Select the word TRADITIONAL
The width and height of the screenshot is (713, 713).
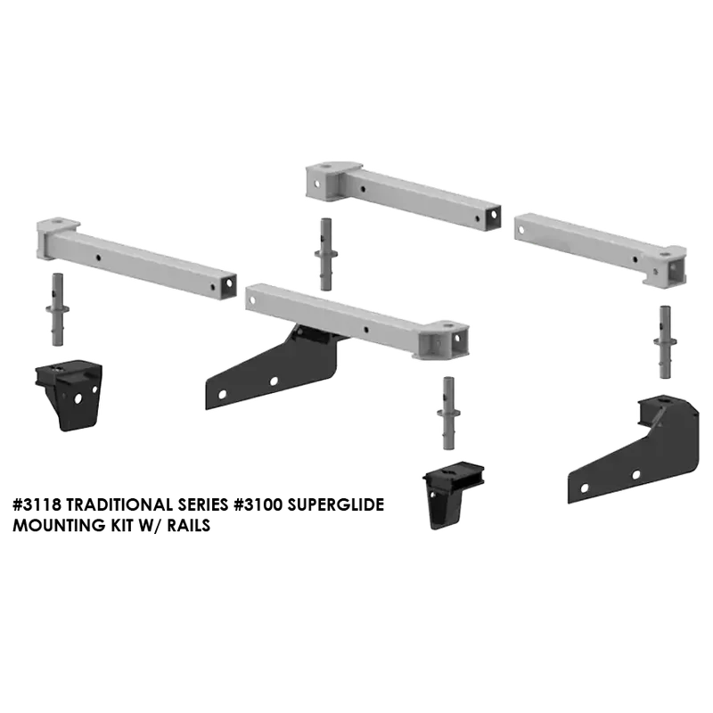[121, 504]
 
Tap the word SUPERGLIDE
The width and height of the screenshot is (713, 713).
[336, 504]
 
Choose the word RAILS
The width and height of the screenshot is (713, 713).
[188, 526]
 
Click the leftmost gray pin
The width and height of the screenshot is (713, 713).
[58, 309]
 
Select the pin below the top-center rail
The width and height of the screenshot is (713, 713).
[326, 254]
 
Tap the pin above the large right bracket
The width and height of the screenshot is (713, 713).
[665, 342]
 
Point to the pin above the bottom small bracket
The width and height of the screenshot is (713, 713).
[448, 414]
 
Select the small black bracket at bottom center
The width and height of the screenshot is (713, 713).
[452, 495]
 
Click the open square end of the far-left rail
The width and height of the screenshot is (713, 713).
[229, 284]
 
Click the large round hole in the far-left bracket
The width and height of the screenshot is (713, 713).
[78, 398]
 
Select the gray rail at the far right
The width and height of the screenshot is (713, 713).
[601, 250]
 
